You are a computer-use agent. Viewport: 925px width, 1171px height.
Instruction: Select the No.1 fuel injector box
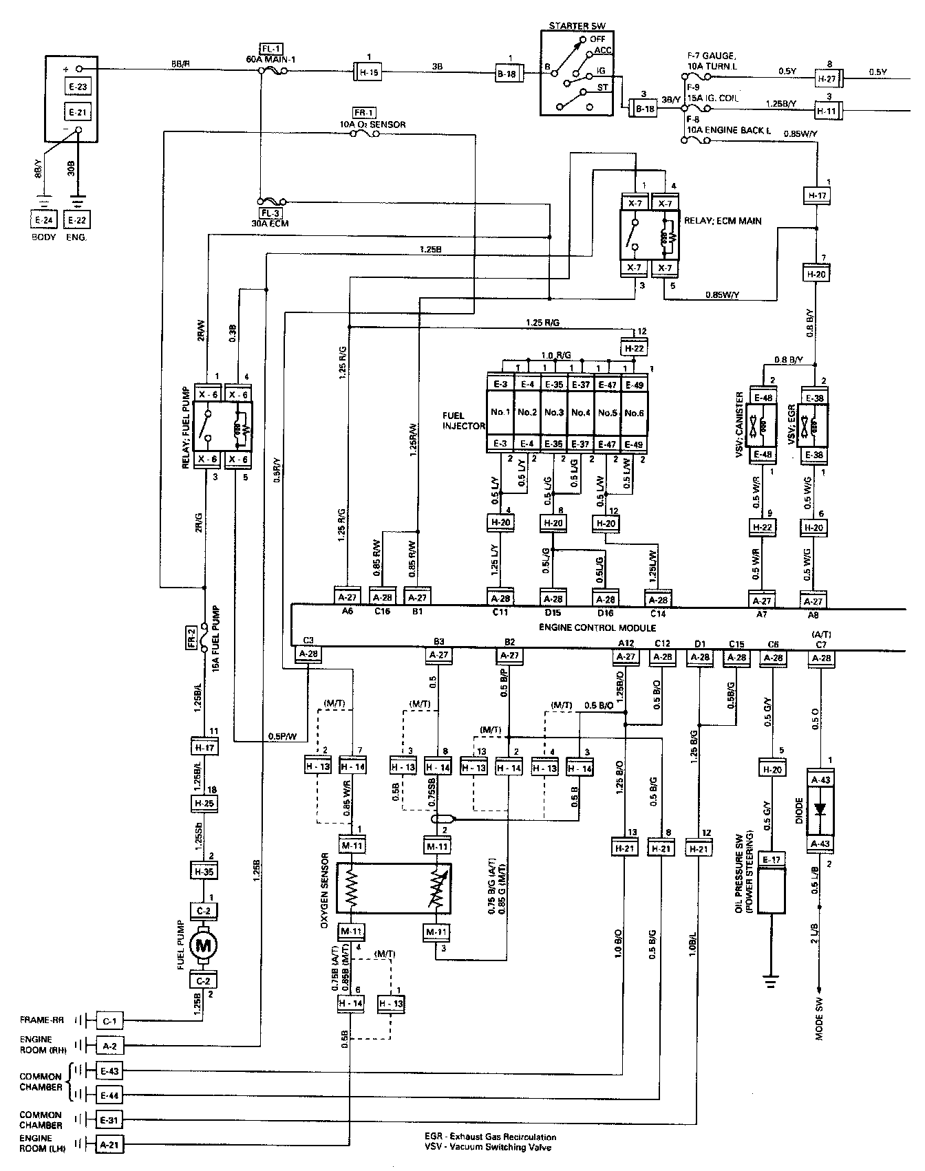point(500,413)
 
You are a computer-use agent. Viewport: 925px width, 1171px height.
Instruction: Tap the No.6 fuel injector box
point(635,413)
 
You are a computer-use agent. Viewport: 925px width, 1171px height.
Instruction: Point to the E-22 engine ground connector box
point(77,220)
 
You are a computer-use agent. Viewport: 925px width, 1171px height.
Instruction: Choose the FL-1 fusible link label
point(270,49)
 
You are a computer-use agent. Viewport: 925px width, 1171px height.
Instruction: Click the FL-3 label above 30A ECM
point(270,213)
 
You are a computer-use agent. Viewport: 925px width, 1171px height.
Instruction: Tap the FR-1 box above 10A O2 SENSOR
point(363,113)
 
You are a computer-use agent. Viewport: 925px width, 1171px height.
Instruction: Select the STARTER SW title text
point(577,25)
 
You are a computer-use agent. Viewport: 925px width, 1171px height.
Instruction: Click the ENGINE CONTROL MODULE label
point(597,627)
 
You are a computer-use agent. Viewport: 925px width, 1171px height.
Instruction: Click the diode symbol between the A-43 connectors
point(820,810)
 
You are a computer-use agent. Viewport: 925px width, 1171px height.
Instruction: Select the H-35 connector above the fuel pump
point(203,872)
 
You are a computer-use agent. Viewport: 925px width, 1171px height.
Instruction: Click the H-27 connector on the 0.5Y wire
point(829,79)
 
